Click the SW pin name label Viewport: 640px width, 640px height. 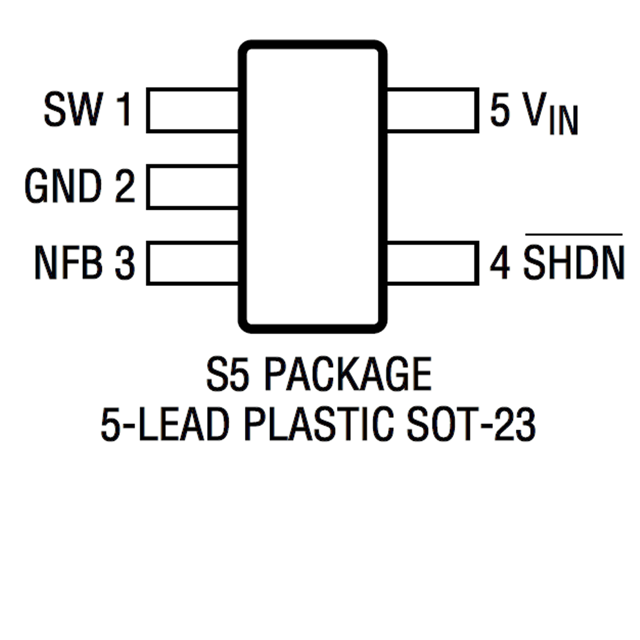click(x=73, y=109)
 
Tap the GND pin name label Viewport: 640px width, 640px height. click(x=63, y=186)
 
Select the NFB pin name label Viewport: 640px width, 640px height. click(x=68, y=263)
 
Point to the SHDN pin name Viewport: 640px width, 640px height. click(x=574, y=263)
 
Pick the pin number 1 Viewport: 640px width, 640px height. click(x=124, y=109)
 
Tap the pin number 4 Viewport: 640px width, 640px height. click(x=500, y=263)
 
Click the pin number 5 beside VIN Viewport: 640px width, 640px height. click(x=500, y=109)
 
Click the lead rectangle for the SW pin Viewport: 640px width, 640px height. click(x=193, y=110)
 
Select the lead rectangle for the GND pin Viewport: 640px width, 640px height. click(x=193, y=187)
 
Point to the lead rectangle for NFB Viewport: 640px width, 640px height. click(x=193, y=263)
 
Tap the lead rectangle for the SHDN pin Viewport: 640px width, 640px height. click(x=432, y=263)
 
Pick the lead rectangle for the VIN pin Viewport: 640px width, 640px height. click(x=432, y=110)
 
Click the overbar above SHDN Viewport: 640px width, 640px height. click(x=574, y=235)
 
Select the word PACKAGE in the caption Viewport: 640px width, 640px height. click(x=348, y=374)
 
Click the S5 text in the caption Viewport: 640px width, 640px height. click(x=227, y=374)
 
